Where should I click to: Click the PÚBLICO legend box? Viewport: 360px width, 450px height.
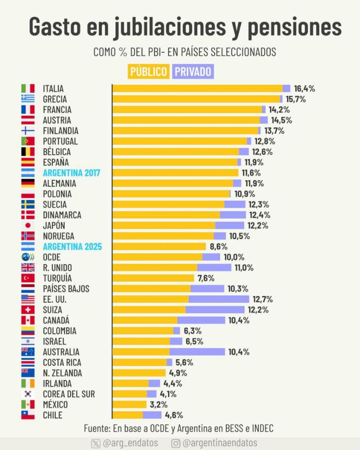point(148,72)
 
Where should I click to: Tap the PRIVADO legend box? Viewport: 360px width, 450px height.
point(193,72)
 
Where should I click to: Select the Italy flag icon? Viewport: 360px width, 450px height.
point(28,88)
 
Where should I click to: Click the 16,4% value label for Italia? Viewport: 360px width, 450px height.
point(304,88)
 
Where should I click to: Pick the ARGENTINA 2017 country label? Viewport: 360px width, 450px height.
point(72,173)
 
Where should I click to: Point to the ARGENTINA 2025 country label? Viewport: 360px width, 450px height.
point(72,246)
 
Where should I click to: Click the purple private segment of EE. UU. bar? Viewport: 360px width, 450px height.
point(219,299)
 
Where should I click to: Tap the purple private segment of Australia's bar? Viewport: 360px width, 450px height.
point(197,352)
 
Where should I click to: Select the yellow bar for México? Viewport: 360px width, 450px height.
point(130,404)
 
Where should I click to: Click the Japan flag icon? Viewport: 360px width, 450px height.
point(28,225)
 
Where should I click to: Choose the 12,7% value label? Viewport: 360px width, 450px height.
point(263,299)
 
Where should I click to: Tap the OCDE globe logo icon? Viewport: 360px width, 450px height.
point(28,257)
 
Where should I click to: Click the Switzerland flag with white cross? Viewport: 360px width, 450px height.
point(28,310)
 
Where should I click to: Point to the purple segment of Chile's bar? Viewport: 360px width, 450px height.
point(152,415)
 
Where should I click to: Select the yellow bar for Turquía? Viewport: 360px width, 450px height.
point(153,278)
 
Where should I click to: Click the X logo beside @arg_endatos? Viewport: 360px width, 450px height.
point(96,443)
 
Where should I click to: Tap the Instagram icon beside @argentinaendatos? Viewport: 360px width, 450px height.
point(176,443)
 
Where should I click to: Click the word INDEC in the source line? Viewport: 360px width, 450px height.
point(263,428)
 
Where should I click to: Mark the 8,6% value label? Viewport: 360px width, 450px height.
point(218,246)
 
